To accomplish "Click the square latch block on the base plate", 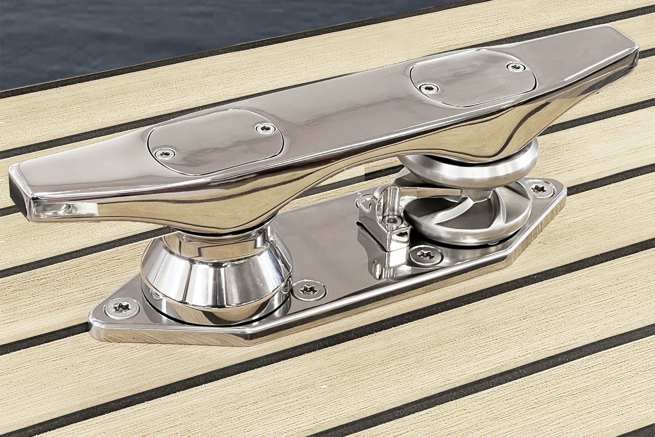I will [381, 230].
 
